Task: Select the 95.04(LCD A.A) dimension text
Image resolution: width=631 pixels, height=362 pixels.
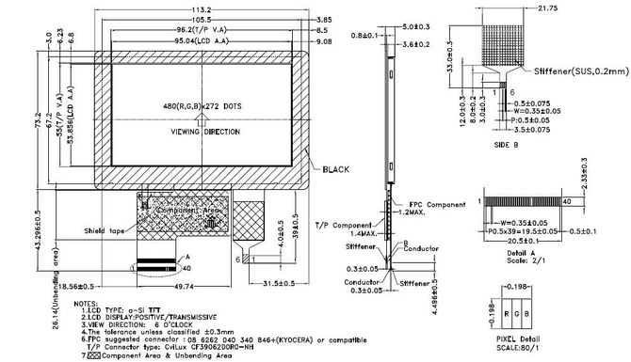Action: pyautogui.click(x=201, y=41)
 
